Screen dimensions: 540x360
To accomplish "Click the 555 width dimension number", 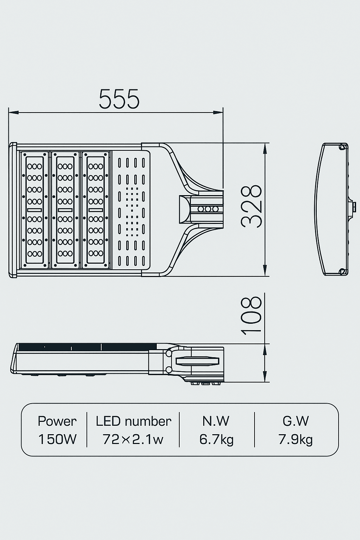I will [x=119, y=99].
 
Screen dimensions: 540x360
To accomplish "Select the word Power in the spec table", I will [x=57, y=421].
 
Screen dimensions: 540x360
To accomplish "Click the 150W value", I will [x=57, y=439].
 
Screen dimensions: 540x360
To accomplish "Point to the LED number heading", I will [x=133, y=421].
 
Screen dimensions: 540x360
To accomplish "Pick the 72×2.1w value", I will [x=133, y=439].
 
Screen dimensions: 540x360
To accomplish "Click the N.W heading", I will [x=216, y=421].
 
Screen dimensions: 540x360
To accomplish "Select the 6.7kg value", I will [x=216, y=439].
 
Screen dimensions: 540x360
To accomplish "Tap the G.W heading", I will [x=296, y=421].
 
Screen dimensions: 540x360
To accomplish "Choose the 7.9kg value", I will [x=296, y=439].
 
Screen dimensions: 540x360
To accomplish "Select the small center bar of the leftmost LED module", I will [x=34, y=210].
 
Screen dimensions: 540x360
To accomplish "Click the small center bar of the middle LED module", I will [x=65, y=210].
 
